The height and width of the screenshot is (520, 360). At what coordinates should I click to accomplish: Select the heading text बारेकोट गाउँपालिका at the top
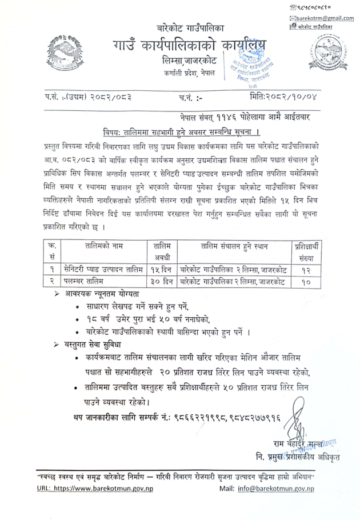[191, 27]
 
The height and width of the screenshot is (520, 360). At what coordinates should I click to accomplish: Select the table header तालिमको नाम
[95, 246]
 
